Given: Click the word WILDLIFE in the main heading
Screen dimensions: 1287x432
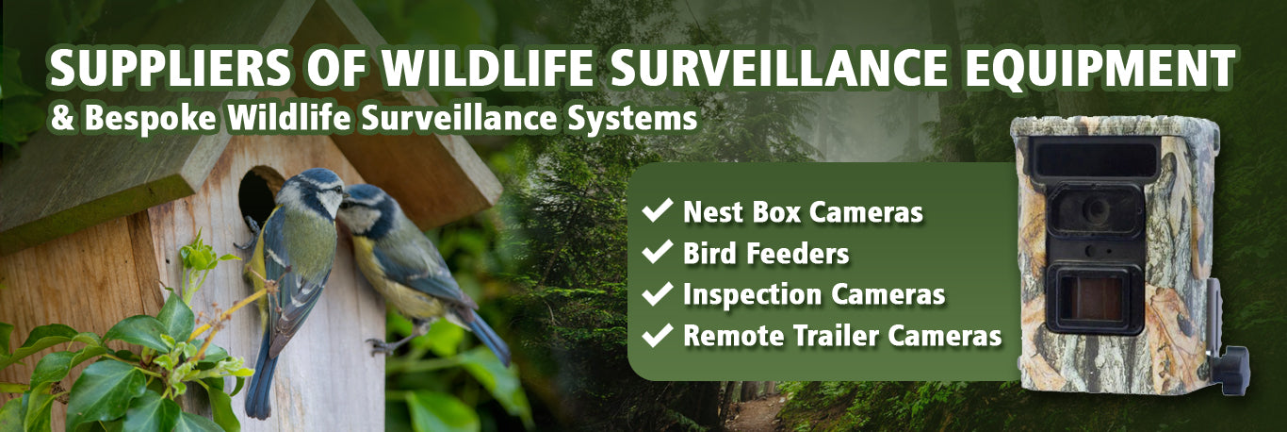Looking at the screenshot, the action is coord(488,69).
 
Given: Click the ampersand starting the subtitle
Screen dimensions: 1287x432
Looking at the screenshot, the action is coord(62,119).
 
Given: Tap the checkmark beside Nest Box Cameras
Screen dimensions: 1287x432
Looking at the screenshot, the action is coord(658,210).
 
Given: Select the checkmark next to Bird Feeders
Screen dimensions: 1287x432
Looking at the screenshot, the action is coord(658,252).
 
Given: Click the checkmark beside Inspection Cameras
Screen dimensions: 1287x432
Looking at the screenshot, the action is coord(658,293).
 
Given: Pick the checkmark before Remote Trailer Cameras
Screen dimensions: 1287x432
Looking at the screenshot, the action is coord(658,335).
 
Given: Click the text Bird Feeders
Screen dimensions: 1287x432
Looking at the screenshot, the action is coord(765,253).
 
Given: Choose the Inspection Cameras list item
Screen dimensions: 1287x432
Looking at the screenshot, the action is coord(814,294).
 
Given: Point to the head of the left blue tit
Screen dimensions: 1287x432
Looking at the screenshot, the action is coord(315,191).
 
